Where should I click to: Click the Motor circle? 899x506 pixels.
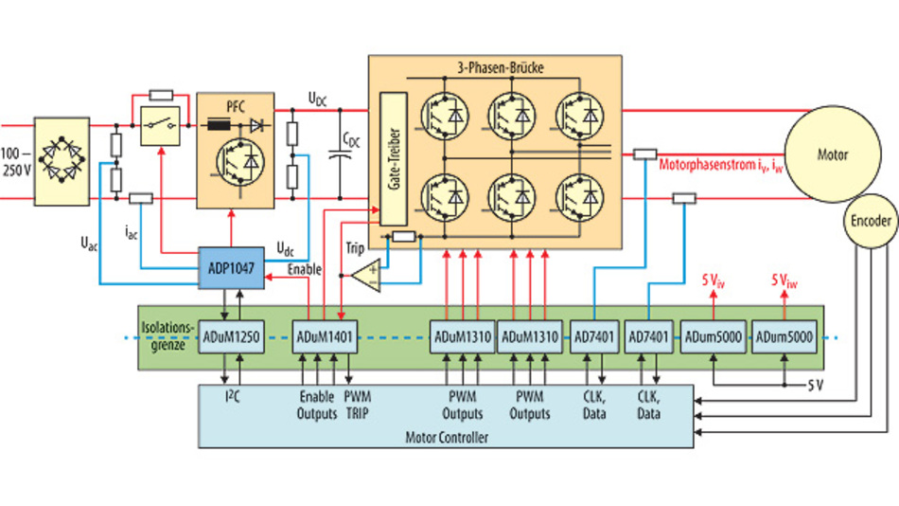(832, 154)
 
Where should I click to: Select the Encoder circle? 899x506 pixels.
(870, 220)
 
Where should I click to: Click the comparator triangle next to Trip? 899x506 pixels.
(367, 275)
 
